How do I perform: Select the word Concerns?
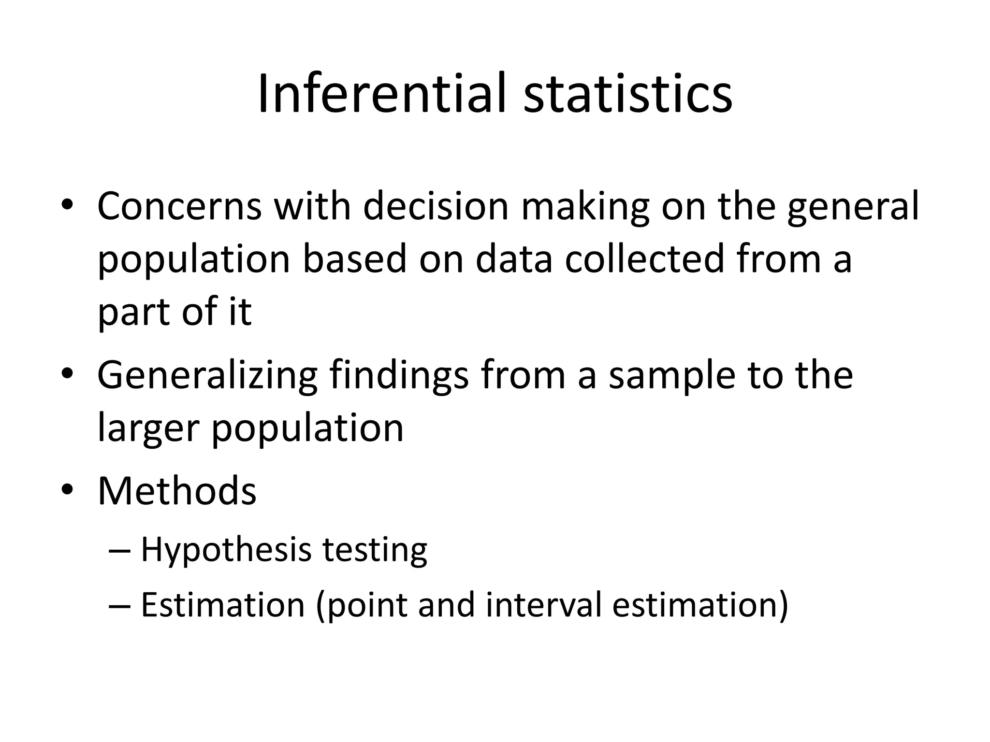point(179,206)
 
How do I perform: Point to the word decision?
point(436,206)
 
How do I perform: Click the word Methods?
point(177,491)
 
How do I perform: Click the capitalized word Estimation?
point(223,604)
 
